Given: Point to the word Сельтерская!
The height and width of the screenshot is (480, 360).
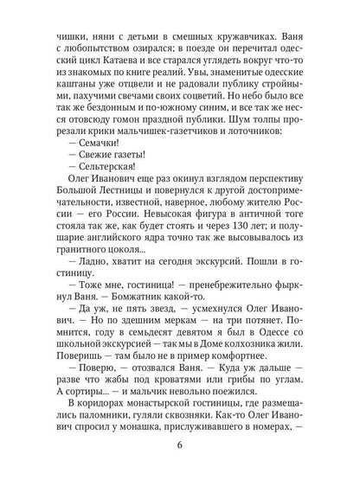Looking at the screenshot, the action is [99, 171].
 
